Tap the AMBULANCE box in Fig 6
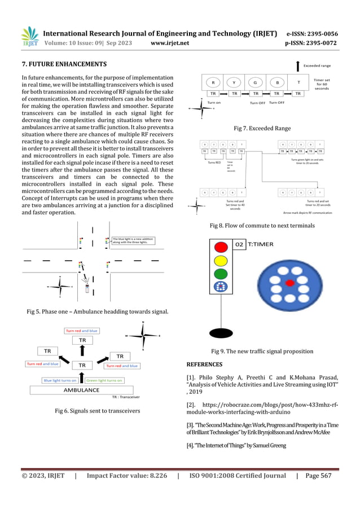[x=81, y=390]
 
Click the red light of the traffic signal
[x=219, y=247]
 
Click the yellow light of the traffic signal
[x=219, y=260]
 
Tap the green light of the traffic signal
[x=219, y=274]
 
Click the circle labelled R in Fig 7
[x=213, y=82]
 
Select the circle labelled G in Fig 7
[x=255, y=82]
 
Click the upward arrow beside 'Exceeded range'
[x=297, y=65]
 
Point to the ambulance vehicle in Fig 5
[x=86, y=288]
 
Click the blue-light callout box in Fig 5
[x=133, y=240]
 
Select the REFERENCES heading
[x=204, y=364]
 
